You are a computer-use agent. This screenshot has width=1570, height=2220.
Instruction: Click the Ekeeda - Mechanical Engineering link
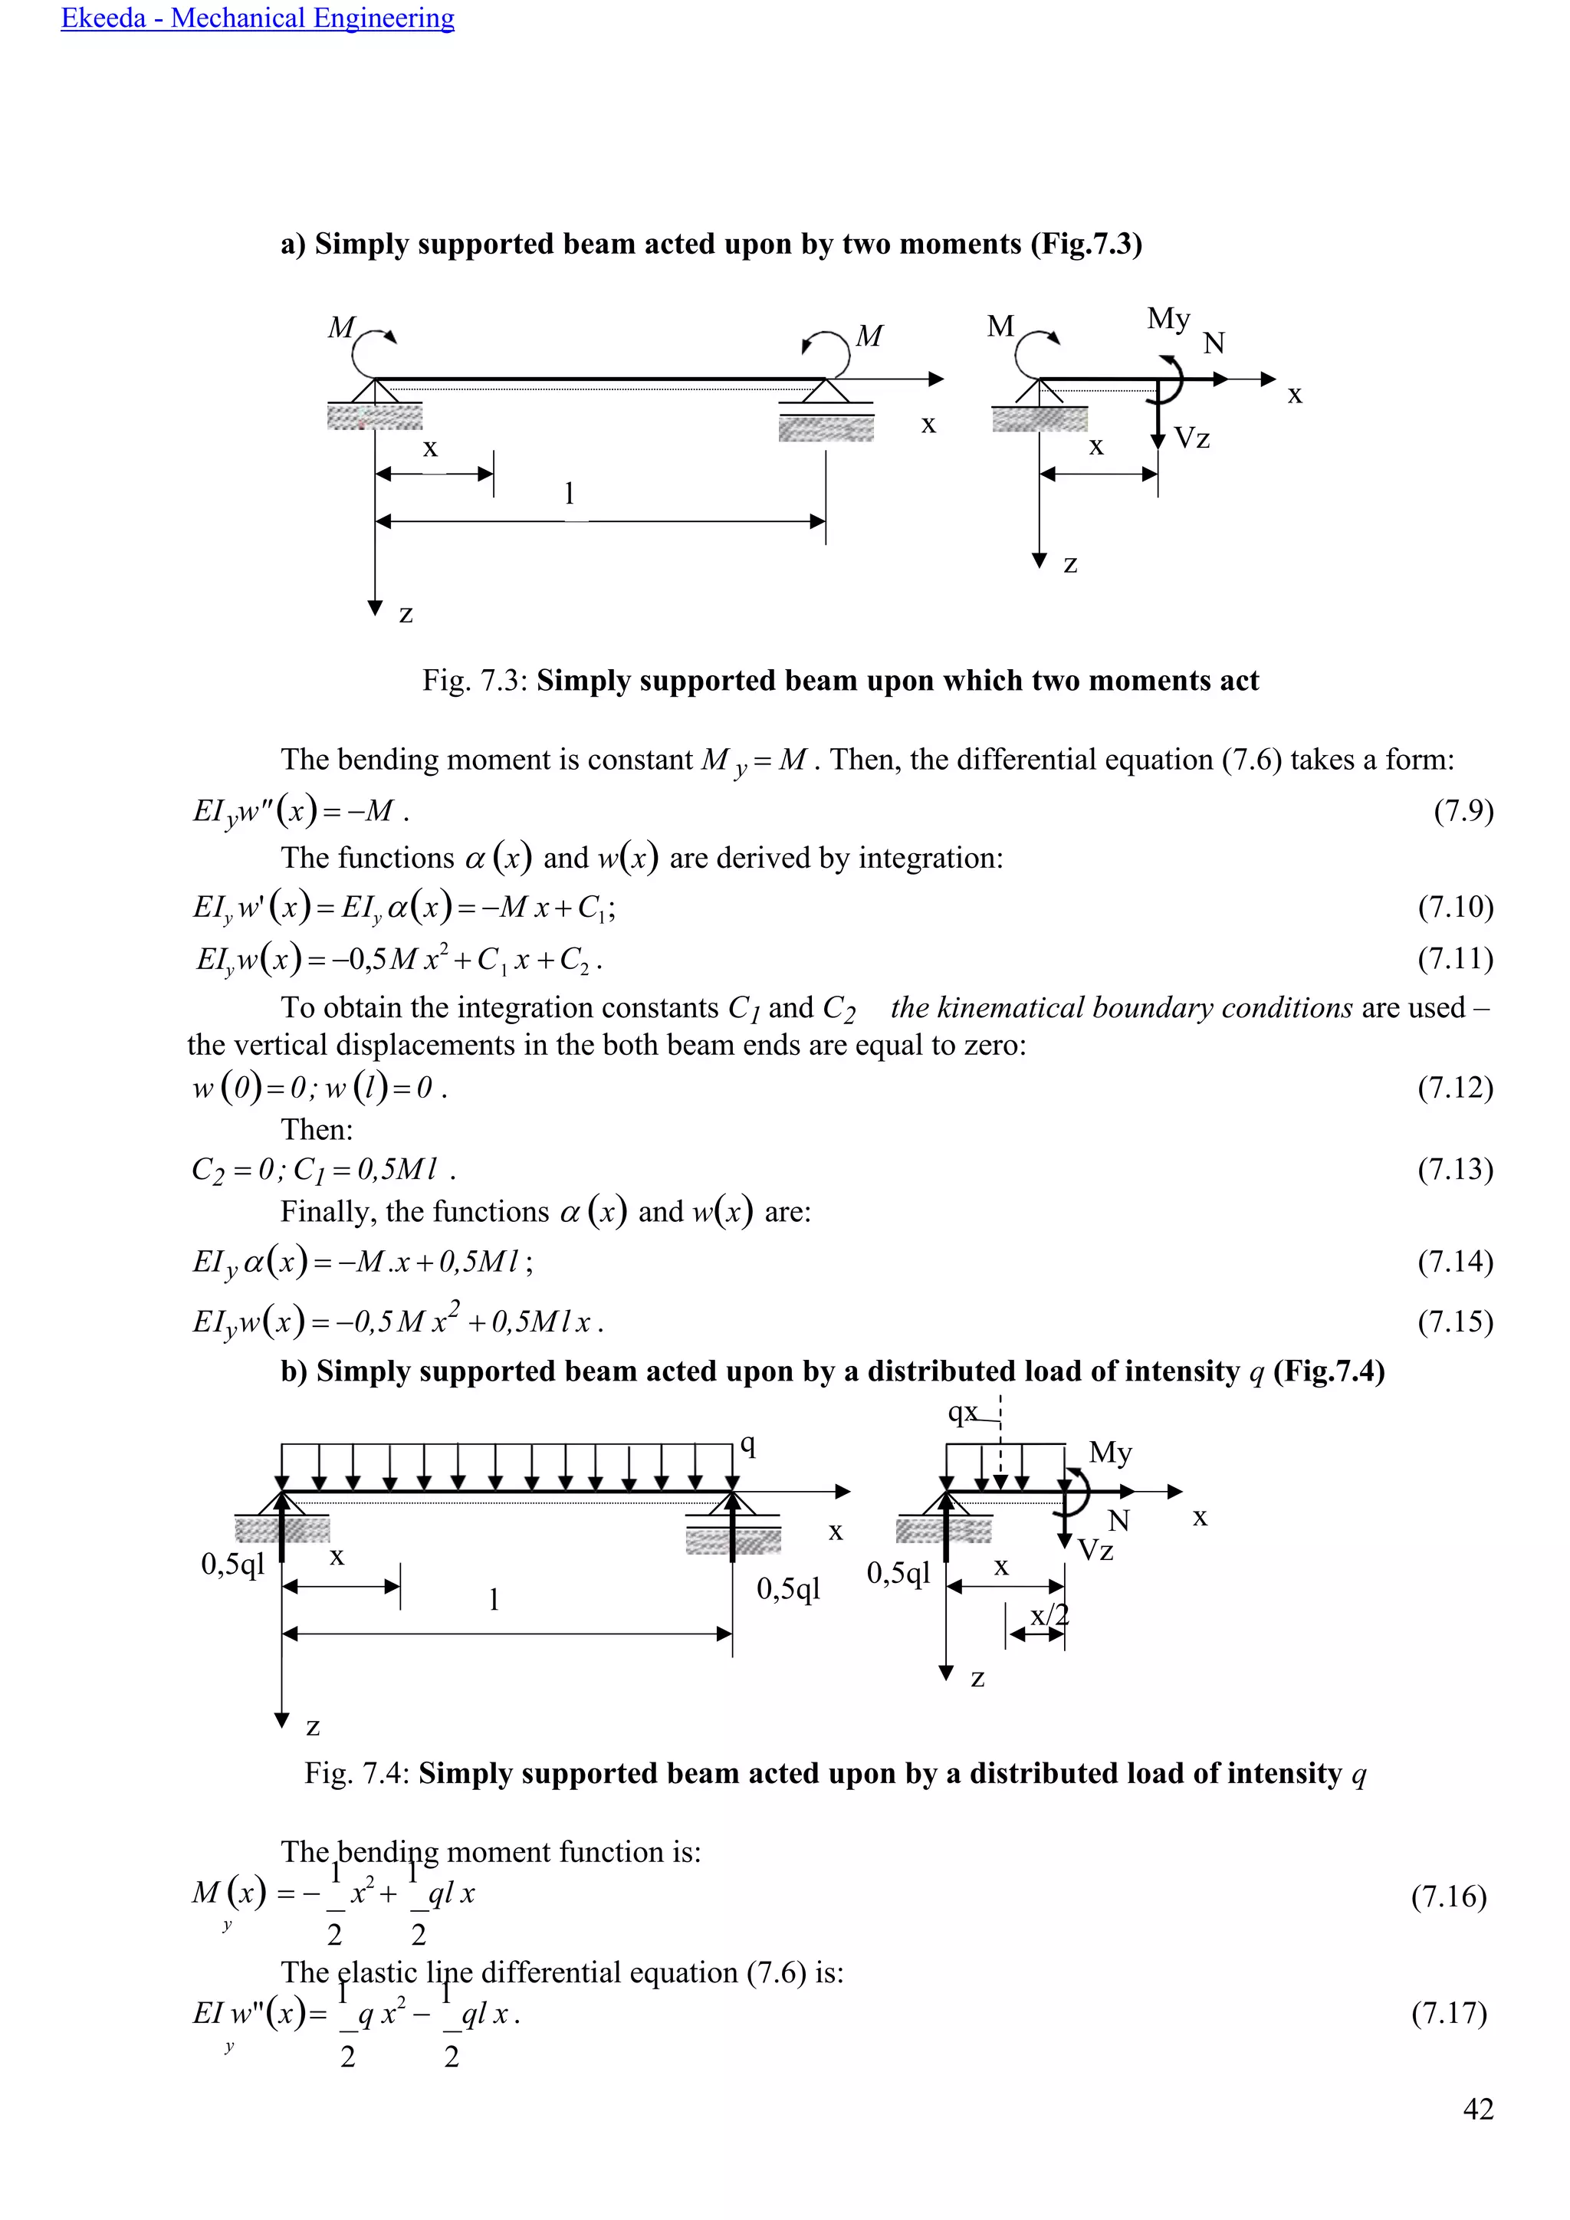click(257, 18)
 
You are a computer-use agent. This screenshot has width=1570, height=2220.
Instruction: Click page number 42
click(1478, 2108)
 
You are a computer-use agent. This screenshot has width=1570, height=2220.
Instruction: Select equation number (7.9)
click(1463, 810)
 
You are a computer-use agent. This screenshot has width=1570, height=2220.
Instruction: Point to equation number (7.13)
click(1455, 1169)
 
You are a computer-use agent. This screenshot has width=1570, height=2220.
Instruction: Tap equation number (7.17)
click(1448, 2013)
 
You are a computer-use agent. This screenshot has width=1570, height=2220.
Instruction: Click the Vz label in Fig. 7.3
click(1191, 439)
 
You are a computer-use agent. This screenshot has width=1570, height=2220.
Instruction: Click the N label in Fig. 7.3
click(1214, 343)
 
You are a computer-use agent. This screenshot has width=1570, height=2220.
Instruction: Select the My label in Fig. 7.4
click(1110, 1453)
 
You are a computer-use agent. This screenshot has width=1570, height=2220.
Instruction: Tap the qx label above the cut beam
click(964, 1413)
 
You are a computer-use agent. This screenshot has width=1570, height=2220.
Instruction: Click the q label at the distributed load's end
click(747, 1444)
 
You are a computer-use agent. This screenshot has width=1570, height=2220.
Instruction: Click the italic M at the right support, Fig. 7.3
click(869, 336)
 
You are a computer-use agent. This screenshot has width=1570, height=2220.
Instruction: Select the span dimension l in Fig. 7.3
click(570, 494)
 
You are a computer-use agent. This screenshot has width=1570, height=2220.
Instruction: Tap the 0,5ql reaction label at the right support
click(788, 1588)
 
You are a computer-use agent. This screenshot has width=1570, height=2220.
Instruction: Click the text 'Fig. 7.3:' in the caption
click(475, 681)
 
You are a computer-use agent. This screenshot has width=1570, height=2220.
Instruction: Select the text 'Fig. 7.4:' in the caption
click(358, 1773)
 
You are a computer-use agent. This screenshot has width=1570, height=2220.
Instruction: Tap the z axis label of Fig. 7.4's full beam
click(312, 1726)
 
